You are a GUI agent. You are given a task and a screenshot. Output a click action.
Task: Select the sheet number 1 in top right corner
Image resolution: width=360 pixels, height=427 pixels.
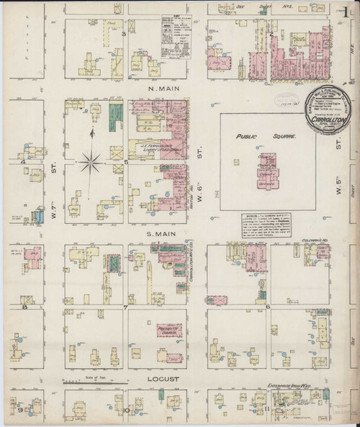[350, 9]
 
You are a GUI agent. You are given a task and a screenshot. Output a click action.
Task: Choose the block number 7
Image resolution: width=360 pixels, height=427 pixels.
[125, 307]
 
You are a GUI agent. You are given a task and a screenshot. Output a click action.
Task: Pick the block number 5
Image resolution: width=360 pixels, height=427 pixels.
[126, 162]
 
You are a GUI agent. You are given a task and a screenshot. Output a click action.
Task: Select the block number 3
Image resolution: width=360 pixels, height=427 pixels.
[124, 34]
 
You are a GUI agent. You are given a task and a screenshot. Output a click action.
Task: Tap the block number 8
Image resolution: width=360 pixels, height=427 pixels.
[24, 307]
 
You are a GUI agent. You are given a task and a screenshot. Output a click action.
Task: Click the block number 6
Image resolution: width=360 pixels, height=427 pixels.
[268, 307]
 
